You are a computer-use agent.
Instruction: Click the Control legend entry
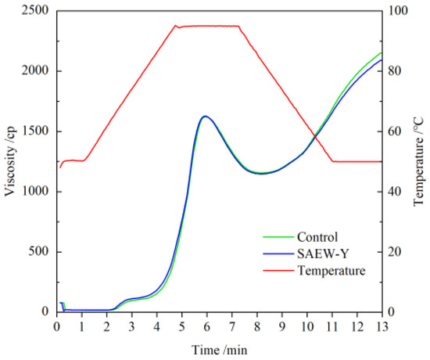(x=317, y=237)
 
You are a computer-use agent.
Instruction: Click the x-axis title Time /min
(x=218, y=349)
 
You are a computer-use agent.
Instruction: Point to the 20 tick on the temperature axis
(x=396, y=252)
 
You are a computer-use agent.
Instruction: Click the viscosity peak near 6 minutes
(x=205, y=117)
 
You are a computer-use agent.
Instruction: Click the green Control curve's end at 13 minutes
(x=382, y=52)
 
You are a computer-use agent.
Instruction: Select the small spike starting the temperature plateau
(x=176, y=25)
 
